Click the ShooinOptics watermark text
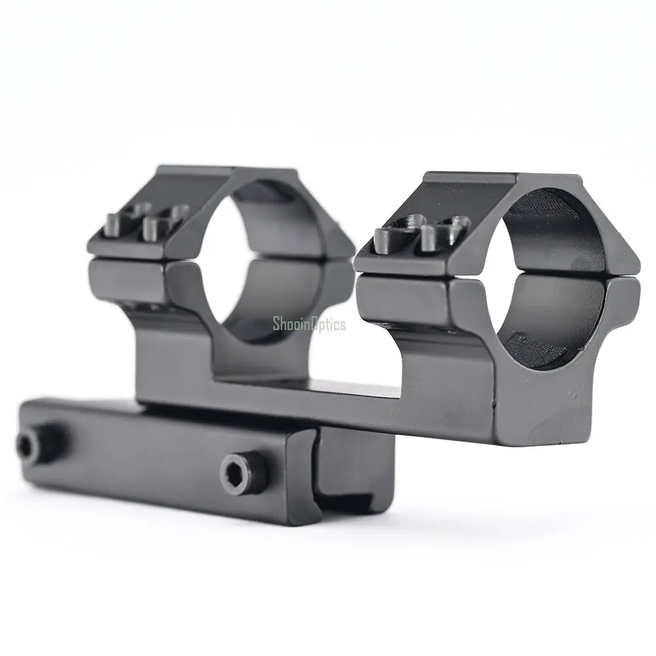309,324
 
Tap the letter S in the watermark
277,323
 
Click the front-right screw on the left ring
152,229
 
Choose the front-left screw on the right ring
384,241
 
